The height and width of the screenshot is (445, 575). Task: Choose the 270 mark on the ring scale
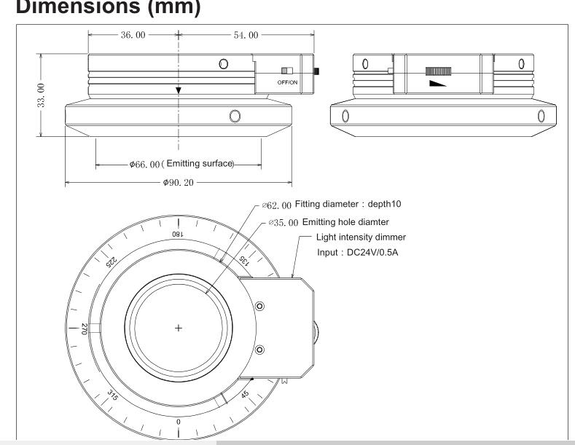(86, 328)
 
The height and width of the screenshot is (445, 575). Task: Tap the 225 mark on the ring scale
(113, 262)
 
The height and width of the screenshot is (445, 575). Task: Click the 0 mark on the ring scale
(179, 422)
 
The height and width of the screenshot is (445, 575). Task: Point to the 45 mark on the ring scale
(246, 394)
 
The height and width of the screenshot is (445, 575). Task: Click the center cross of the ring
(179, 328)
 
